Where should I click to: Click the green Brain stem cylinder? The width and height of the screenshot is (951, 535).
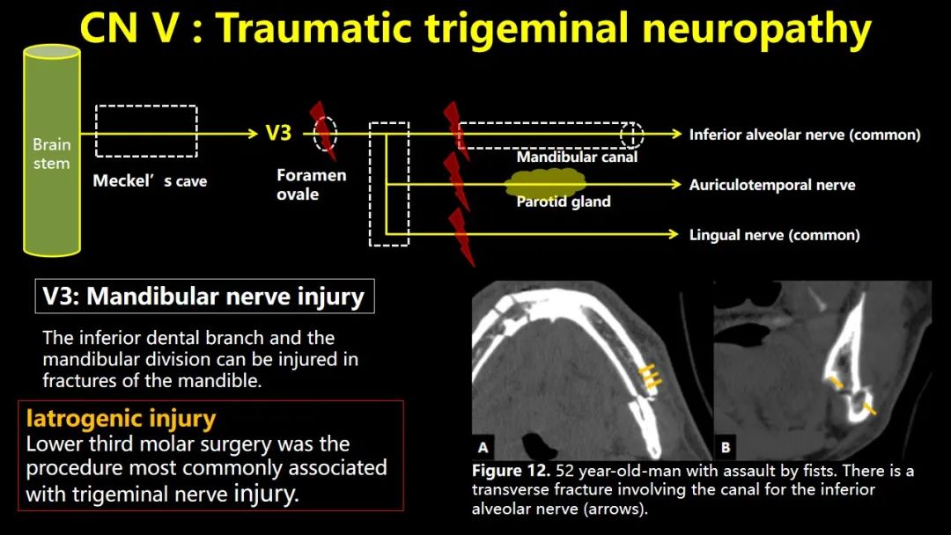pos(52,151)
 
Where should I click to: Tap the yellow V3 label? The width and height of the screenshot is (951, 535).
pos(278,133)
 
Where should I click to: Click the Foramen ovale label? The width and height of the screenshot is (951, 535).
pos(311,184)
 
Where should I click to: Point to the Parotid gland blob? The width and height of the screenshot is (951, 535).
pos(546,184)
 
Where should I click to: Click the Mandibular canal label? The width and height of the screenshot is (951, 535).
pos(577,157)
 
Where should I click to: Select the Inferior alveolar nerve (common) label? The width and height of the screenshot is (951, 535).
pos(805,135)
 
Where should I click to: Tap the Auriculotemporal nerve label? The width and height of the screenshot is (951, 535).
pos(772,185)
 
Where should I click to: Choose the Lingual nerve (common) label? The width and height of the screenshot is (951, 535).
pos(775,235)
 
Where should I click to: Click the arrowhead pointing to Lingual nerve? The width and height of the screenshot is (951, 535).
pos(674,234)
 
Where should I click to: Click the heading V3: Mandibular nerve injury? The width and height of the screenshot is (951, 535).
pos(204,297)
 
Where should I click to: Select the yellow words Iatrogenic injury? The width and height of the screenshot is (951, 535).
pos(122,418)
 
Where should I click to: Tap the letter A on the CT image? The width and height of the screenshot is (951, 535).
pos(483,447)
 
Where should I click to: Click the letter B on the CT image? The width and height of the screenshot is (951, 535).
pos(726,448)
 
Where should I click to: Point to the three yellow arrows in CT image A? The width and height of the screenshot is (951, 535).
pos(650,377)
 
